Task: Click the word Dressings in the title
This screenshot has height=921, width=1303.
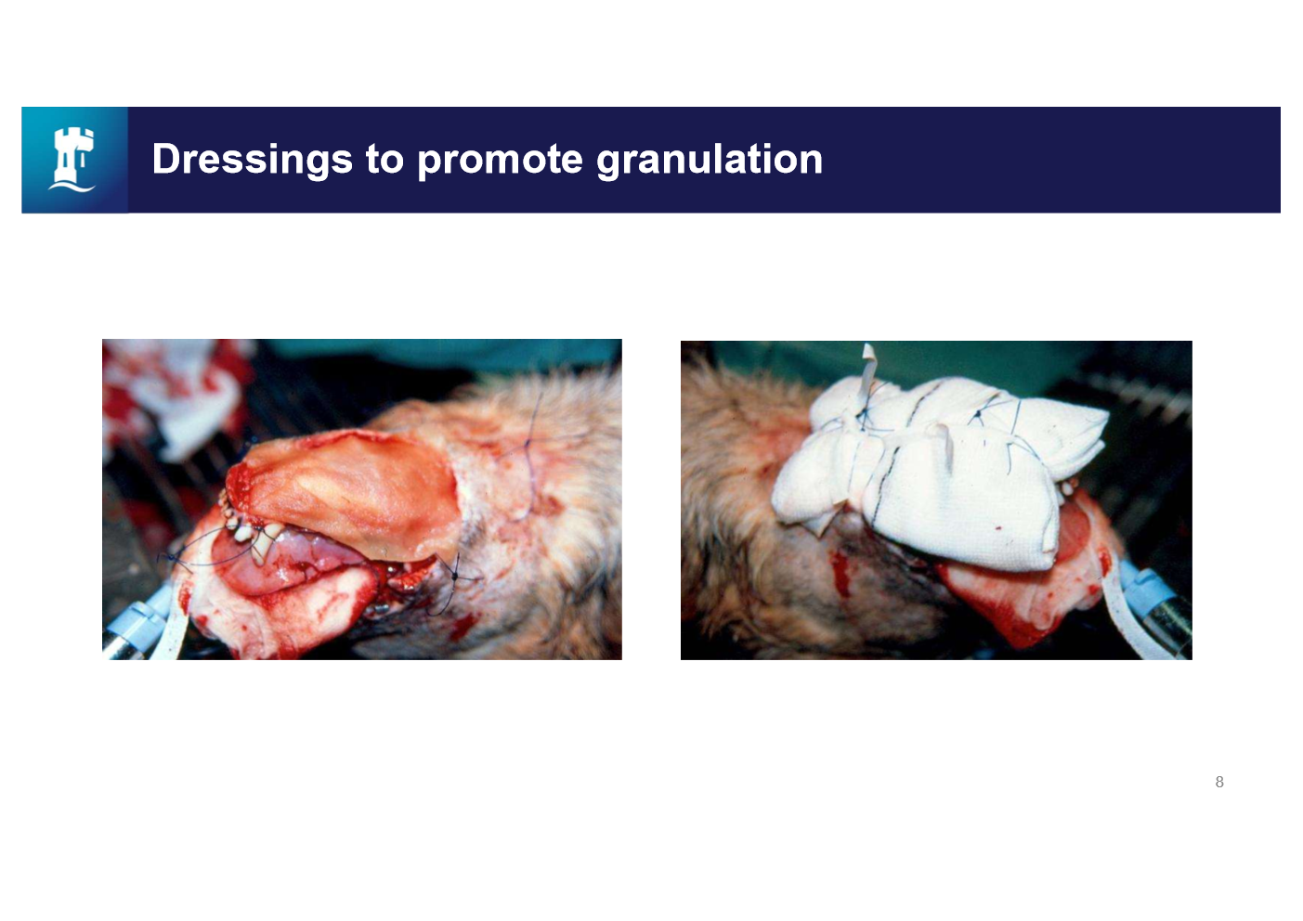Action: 252,160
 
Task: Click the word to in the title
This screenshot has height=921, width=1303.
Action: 384,160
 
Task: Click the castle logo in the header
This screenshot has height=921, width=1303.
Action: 74,160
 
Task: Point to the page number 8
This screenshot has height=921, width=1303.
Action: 1219,782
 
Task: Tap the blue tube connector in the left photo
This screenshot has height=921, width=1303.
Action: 139,622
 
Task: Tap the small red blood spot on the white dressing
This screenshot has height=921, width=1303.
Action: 997,527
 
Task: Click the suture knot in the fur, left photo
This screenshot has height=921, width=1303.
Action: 527,443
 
